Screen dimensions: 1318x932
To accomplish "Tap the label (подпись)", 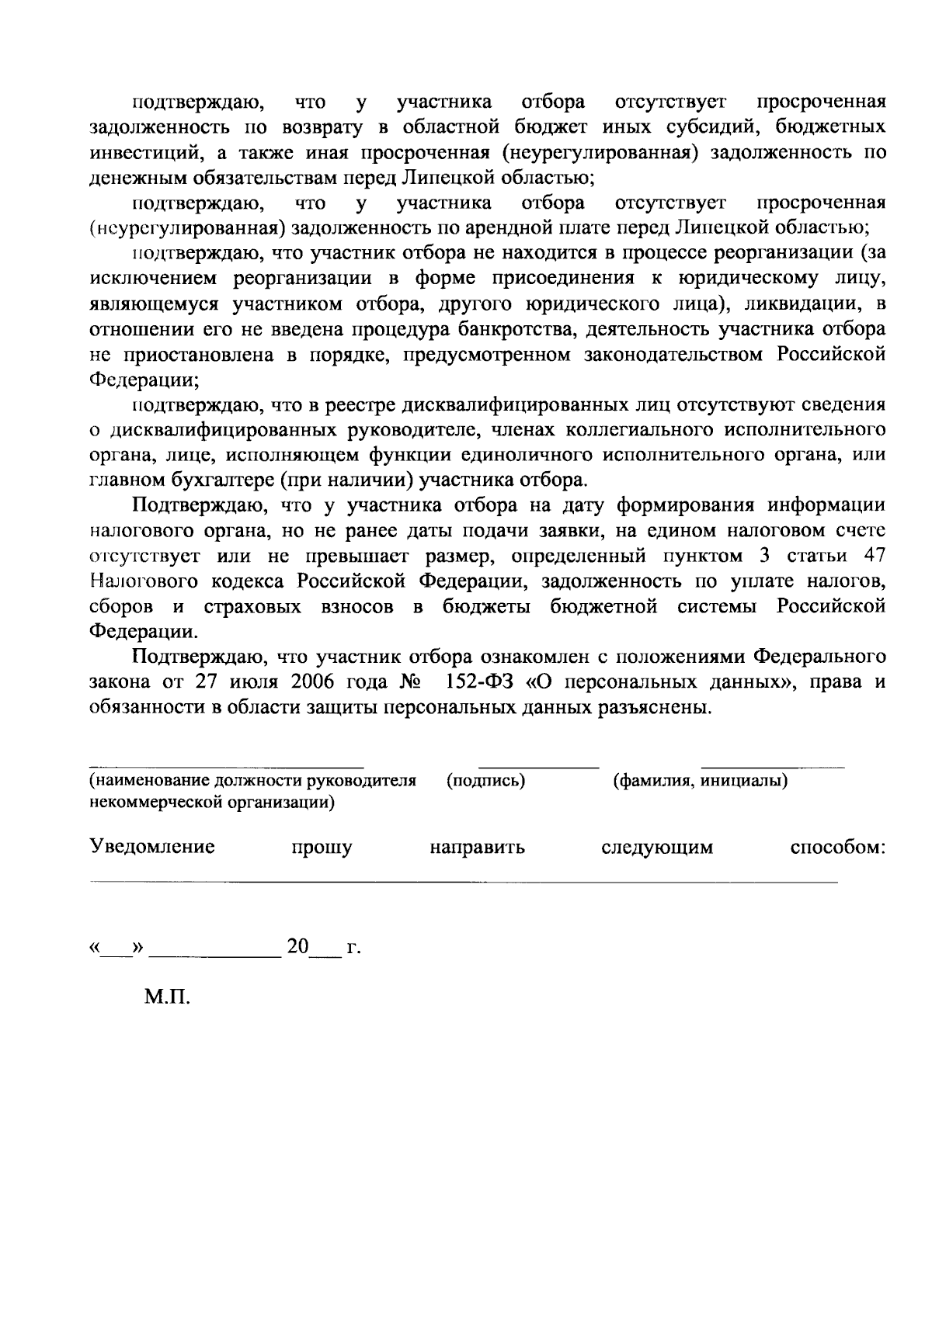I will click(486, 781).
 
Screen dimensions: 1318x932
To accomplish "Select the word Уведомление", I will click(152, 847).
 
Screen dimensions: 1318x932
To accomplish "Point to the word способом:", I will click(837, 847).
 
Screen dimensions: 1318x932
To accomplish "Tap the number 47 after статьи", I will click(873, 556).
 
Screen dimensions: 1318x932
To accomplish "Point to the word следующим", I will click(657, 847).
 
